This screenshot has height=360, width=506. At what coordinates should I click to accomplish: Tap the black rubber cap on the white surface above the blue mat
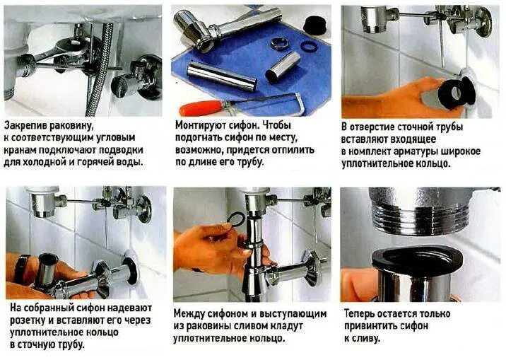coord(314,24)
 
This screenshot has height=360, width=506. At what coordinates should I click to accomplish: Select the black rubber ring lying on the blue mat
coord(310,46)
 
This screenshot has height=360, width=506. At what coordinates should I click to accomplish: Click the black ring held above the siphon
coord(237,219)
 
